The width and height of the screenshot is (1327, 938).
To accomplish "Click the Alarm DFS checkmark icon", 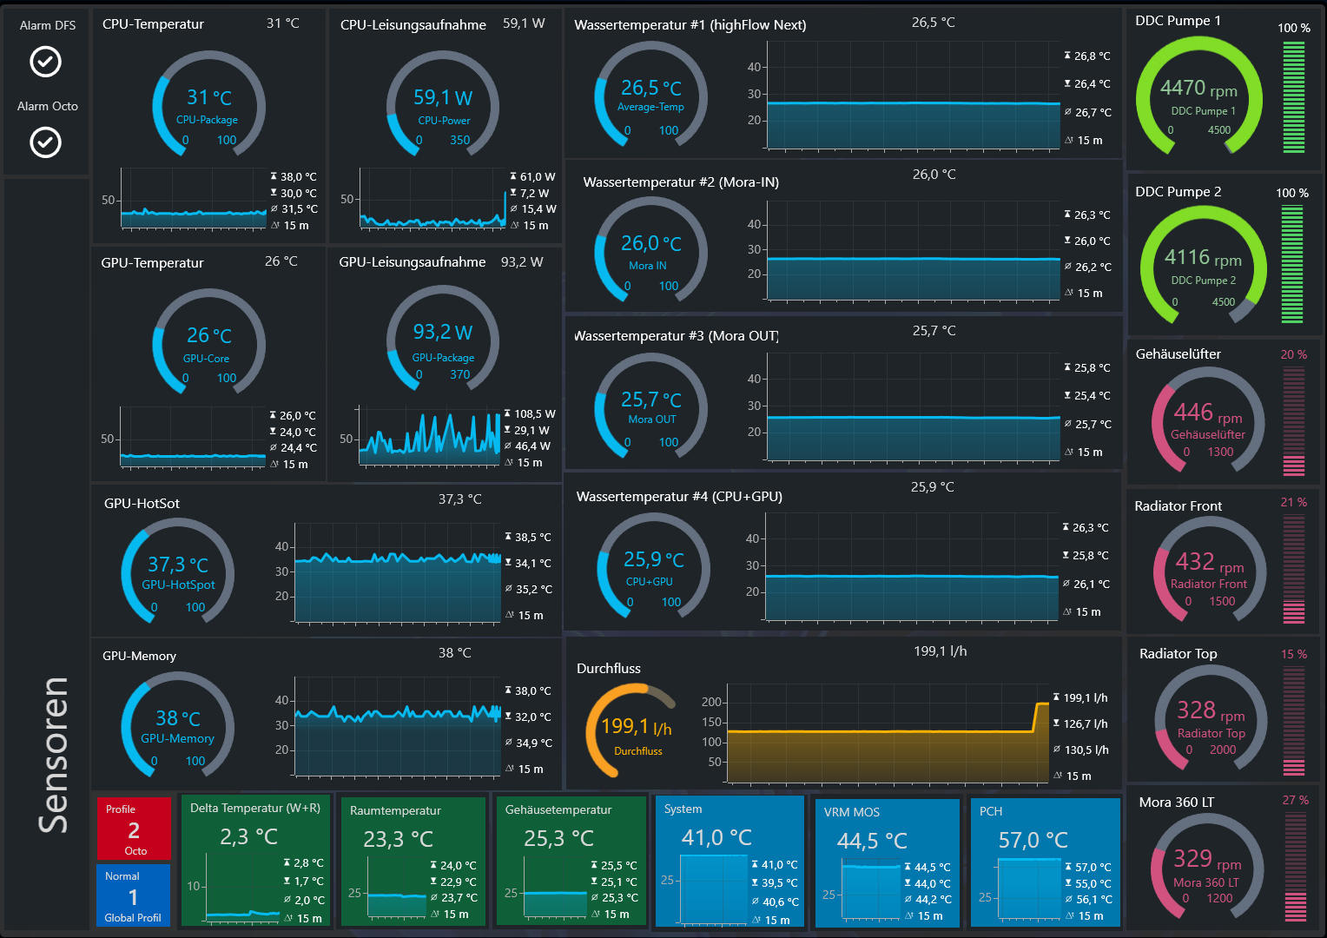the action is (46, 61).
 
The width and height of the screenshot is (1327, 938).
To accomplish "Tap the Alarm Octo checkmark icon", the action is (46, 142).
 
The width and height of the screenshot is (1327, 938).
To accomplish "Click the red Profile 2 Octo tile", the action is (134, 829).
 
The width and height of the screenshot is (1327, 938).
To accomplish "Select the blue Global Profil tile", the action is (133, 895).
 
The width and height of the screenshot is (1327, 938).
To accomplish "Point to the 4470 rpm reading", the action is (1198, 89).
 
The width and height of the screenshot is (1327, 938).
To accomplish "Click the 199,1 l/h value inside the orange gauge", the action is (637, 726).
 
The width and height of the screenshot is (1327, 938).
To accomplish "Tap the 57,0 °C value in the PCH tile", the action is (1033, 840).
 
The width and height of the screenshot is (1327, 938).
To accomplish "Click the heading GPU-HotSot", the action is (142, 503).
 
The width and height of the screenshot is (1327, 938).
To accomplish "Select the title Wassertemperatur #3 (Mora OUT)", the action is (677, 336).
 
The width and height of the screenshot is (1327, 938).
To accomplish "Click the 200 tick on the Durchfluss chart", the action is (711, 702).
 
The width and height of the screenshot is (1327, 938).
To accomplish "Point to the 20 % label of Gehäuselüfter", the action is (1294, 354).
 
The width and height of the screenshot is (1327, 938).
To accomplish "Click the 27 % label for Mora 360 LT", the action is (1296, 800).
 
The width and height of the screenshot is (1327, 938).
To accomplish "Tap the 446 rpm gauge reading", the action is (1208, 413).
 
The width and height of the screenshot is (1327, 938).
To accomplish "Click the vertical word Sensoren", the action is (53, 756).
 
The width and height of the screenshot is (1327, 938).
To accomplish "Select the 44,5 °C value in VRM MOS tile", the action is (872, 840).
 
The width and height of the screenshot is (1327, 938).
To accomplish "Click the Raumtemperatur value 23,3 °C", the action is (398, 839).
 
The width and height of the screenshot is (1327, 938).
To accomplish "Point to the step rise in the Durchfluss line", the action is (1036, 717).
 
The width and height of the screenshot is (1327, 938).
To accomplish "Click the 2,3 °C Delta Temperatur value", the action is (248, 836).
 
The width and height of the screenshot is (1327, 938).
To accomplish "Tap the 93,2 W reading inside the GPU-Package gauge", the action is (443, 332).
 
